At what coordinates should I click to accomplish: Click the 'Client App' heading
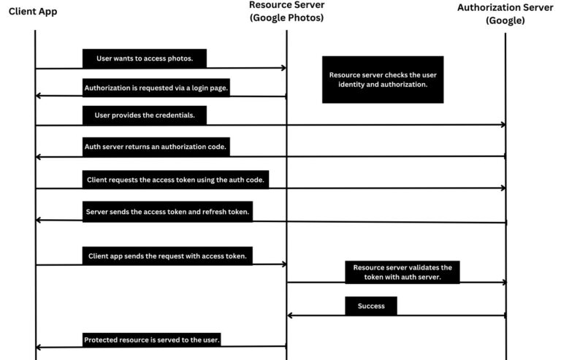point(33,12)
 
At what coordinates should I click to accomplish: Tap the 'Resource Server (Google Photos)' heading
point(286,11)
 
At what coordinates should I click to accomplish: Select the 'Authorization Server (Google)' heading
point(505,14)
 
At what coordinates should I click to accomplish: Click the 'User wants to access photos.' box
point(145,58)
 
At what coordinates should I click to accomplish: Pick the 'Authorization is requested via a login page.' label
point(156,88)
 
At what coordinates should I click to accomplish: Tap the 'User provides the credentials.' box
point(145,115)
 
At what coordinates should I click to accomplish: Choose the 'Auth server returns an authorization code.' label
point(156,147)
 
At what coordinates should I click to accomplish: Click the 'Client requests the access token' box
point(175,180)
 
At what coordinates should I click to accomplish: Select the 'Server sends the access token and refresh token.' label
point(167,212)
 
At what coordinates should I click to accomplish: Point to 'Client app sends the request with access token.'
point(167,256)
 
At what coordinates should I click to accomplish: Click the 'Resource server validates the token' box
point(402,272)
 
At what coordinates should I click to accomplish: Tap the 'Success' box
point(371,306)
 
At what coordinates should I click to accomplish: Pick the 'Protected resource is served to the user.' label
point(152,340)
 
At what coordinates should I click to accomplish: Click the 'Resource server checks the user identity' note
point(383,80)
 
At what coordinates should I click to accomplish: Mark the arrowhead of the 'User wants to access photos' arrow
point(284,68)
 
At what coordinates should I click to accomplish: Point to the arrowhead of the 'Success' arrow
point(290,315)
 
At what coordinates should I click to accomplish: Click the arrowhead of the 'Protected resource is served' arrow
point(38,347)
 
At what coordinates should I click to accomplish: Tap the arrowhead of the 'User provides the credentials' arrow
point(503,124)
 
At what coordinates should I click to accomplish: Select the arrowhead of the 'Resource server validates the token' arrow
point(504,283)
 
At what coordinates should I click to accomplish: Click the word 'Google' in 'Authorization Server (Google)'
point(505,20)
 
